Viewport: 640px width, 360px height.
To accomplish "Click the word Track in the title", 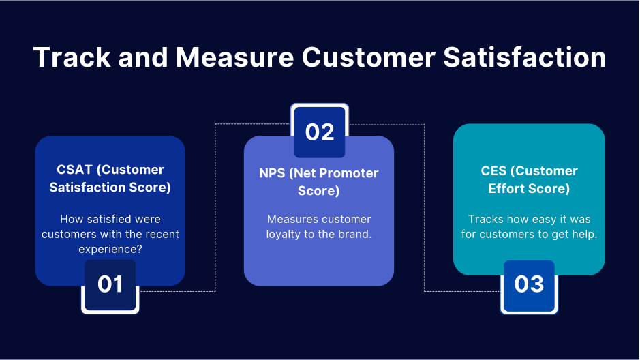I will tap(70, 57).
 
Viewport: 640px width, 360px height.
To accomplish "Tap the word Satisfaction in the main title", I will tap(525, 57).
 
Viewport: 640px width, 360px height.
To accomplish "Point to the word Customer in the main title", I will tap(368, 57).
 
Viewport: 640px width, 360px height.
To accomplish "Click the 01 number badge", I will tap(110, 284).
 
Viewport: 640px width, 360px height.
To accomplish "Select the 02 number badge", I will tap(320, 132).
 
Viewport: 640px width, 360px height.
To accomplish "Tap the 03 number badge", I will tap(529, 284).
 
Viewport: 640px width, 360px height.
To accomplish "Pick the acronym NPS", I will tap(273, 173).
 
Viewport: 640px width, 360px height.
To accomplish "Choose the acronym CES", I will tap(496, 170).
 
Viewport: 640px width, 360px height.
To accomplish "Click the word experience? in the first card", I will tap(110, 250).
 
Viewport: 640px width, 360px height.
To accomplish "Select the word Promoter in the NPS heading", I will tap(348, 173).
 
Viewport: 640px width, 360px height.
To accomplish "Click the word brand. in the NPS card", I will tap(356, 234).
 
